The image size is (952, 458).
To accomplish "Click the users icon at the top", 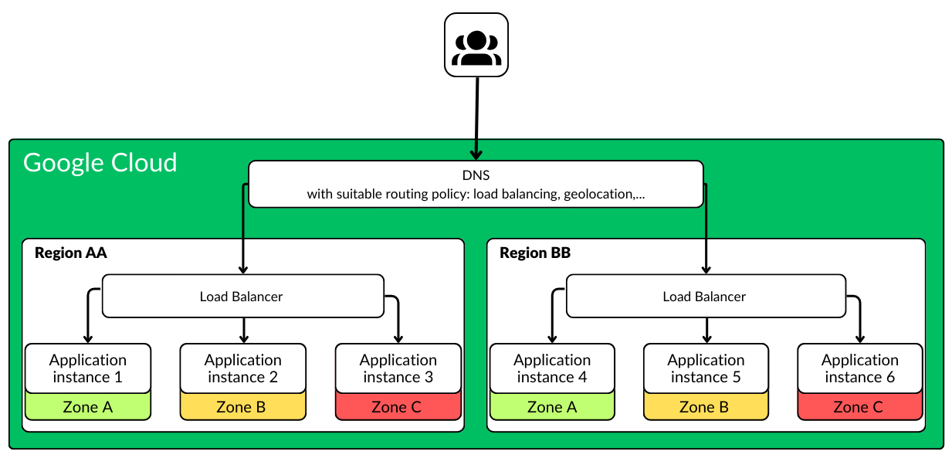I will (x=476, y=45).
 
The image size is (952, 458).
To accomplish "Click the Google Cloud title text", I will (x=100, y=163).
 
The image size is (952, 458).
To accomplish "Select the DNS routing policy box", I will (x=476, y=185).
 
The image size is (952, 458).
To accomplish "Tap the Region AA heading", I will (x=71, y=253).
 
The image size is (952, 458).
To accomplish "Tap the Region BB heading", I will (x=535, y=253).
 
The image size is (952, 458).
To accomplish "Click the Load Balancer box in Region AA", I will (x=242, y=296).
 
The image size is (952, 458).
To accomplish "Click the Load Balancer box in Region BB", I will (x=705, y=296).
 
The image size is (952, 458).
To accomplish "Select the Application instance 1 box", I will (x=88, y=368).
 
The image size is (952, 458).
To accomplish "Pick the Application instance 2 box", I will (x=243, y=368).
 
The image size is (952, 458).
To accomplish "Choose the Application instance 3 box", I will (x=398, y=368).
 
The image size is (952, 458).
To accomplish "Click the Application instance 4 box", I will (x=552, y=368).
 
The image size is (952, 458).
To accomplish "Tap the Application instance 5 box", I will (x=706, y=368).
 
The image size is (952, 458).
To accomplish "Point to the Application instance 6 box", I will (x=860, y=368).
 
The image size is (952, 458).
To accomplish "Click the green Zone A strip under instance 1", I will (x=88, y=407).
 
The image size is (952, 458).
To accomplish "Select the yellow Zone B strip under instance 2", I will (x=243, y=407).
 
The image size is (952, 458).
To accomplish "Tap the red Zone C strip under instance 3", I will (x=398, y=407).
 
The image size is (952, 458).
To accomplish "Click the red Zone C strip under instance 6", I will (x=860, y=407).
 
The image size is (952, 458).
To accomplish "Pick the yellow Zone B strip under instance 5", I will (x=706, y=407).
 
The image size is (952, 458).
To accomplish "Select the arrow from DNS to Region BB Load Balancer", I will (x=706, y=232).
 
